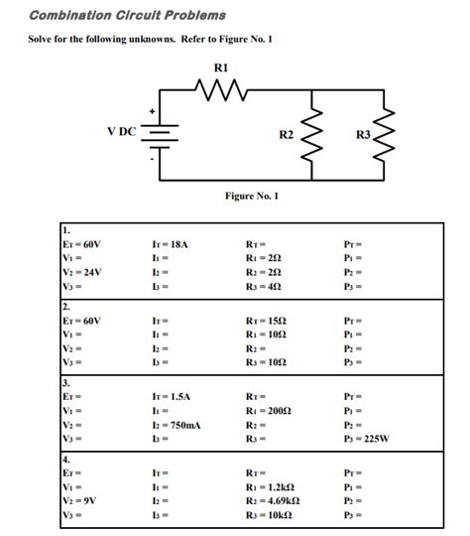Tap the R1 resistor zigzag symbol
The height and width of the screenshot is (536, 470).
click(x=222, y=91)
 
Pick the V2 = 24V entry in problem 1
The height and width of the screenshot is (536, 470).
click(x=82, y=270)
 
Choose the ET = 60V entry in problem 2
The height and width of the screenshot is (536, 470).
click(x=83, y=322)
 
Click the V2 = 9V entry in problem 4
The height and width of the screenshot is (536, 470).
click(x=80, y=501)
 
